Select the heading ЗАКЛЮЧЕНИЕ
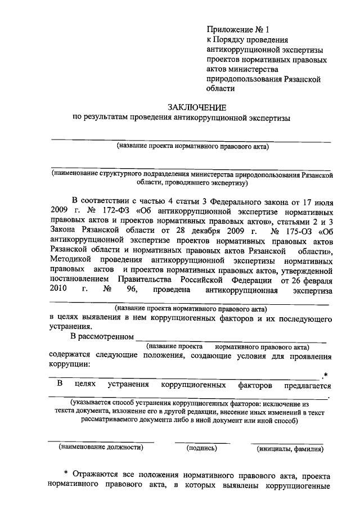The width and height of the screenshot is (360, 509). pyautogui.click(x=197, y=107)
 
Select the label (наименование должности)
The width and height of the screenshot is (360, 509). pyautogui.click(x=101, y=448)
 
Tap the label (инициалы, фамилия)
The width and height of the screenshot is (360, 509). pyautogui.click(x=290, y=449)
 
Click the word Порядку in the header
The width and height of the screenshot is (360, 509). pyautogui.click(x=233, y=39)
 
